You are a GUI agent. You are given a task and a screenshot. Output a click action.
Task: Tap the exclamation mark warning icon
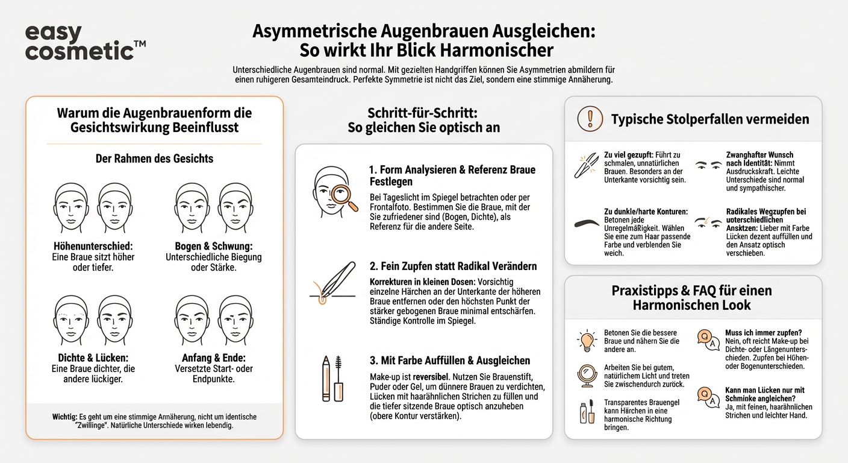[590, 119]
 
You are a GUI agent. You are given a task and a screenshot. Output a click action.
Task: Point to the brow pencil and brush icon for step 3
[331, 378]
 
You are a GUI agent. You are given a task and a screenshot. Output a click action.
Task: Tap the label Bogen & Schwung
[213, 247]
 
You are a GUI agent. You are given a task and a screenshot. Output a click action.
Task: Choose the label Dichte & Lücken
[93, 357]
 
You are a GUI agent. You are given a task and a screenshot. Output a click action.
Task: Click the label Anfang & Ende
[213, 357]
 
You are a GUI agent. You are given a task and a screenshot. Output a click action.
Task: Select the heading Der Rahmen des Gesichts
[154, 159]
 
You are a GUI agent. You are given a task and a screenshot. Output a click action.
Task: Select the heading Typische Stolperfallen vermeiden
[709, 119]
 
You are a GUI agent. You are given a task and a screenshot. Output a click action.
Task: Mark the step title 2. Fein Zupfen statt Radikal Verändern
[452, 266]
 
